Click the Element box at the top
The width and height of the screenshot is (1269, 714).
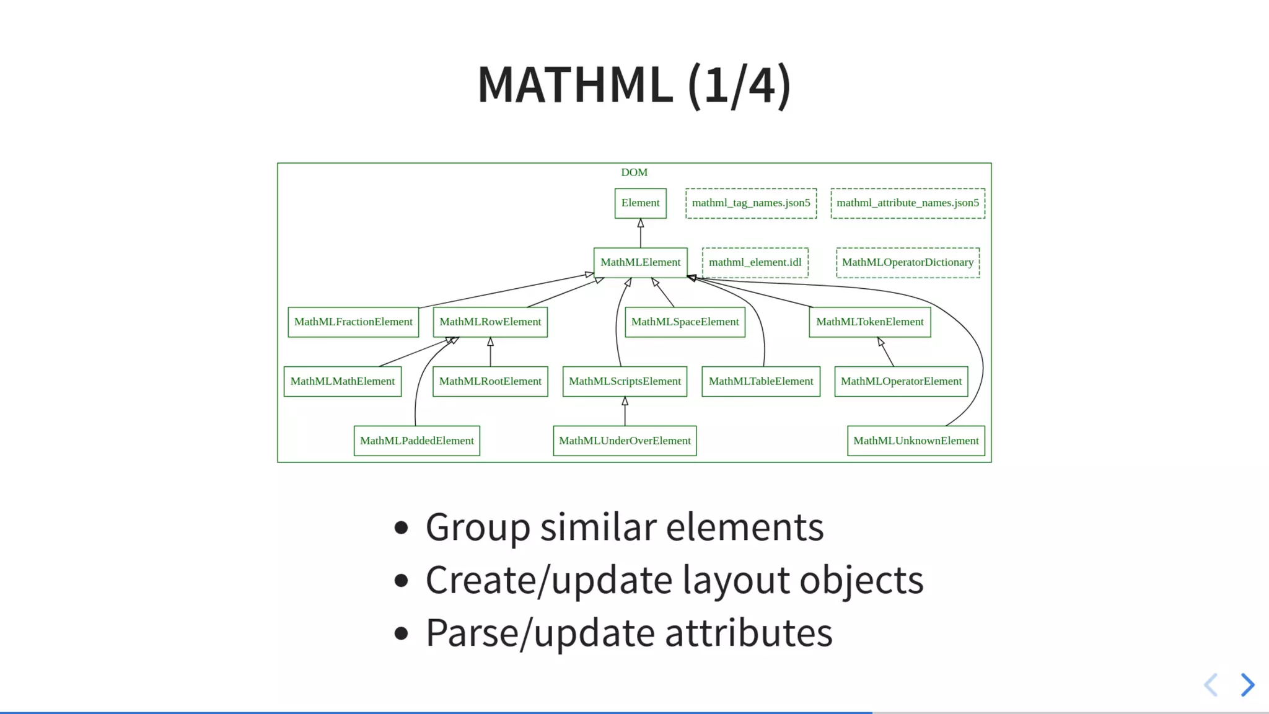[x=640, y=203]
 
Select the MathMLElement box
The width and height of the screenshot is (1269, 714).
[x=640, y=263]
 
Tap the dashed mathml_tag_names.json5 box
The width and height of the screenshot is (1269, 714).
[x=751, y=203]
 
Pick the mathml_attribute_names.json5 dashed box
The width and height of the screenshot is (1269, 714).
[x=908, y=203]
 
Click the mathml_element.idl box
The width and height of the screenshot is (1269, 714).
[x=755, y=263]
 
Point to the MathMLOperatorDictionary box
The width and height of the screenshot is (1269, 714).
[x=908, y=263]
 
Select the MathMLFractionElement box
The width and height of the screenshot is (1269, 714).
[x=353, y=322]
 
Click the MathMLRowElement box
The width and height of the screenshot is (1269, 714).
[x=490, y=322]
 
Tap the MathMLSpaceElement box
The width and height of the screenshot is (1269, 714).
[x=685, y=322]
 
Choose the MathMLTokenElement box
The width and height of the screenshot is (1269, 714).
[x=869, y=322]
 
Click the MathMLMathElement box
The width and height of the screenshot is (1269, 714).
[x=342, y=382]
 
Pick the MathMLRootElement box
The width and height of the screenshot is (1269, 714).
[x=490, y=382]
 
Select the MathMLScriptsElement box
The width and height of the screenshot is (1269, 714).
[x=625, y=382]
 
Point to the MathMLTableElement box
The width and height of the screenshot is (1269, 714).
[x=761, y=382]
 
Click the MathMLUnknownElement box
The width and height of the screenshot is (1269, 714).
[x=916, y=441]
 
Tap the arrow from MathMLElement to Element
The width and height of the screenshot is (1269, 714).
[x=641, y=234]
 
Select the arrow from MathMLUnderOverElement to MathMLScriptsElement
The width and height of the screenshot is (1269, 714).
[x=625, y=412]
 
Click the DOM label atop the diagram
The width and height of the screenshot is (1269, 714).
[x=634, y=172]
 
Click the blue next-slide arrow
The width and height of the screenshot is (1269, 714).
[x=1247, y=685]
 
